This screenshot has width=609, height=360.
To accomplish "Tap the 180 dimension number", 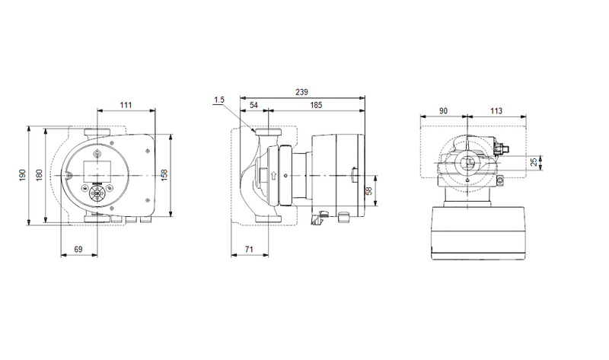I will pyautogui.click(x=38, y=174).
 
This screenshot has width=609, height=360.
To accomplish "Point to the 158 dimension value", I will pyautogui.click(x=164, y=174).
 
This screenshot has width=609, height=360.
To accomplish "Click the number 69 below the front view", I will pyautogui.click(x=78, y=250).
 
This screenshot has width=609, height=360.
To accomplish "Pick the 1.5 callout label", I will pyautogui.click(x=219, y=99).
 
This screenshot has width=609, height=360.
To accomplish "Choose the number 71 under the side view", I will pyautogui.click(x=249, y=250).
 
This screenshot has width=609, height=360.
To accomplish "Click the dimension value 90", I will pyautogui.click(x=443, y=111).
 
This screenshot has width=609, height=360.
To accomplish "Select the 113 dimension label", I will pyautogui.click(x=496, y=111).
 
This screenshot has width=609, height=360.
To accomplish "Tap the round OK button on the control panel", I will pyautogui.click(x=97, y=193).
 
